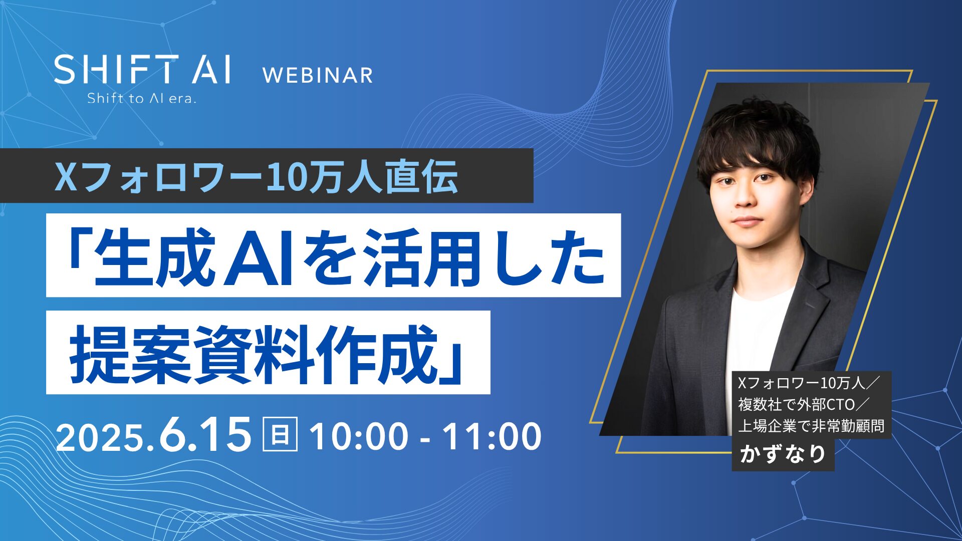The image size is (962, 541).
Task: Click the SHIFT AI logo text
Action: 142,69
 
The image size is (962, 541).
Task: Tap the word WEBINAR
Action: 318,76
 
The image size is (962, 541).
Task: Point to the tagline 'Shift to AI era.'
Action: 141,98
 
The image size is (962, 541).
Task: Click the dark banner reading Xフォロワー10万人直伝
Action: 267,176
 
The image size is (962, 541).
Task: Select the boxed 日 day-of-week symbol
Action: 280,434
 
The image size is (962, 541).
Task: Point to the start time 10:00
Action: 359,436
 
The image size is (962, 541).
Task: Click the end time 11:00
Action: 492,436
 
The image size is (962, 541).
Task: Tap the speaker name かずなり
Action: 783,454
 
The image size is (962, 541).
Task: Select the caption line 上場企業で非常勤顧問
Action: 811,426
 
